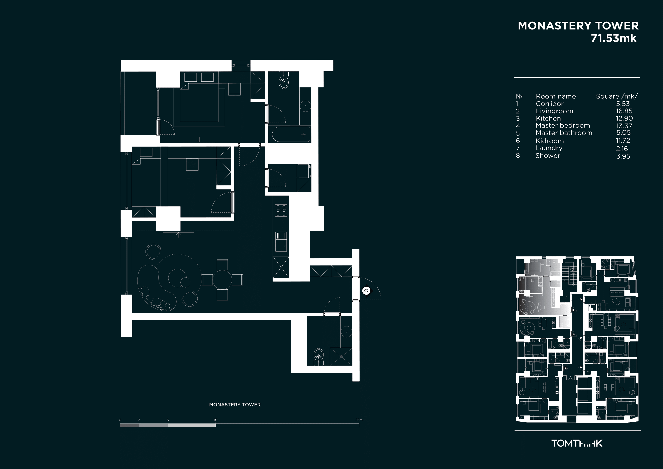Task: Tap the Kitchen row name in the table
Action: coord(548,119)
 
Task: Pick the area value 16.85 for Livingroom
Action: coord(624,111)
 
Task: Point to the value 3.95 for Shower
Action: coord(623,156)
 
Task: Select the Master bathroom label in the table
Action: coord(564,133)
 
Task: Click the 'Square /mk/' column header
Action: coord(617,96)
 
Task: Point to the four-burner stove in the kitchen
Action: coord(281,210)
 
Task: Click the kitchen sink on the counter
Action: coord(281,242)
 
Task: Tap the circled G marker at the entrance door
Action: coord(366,290)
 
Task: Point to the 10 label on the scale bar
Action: coord(216,420)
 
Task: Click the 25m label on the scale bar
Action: coord(359,420)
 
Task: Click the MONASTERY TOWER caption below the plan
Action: coord(235,405)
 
